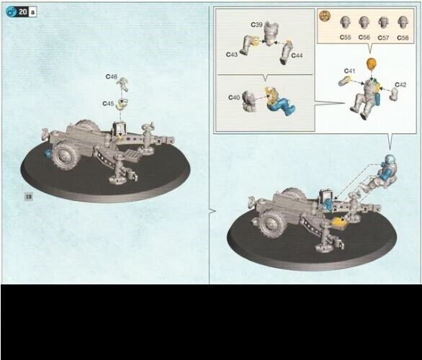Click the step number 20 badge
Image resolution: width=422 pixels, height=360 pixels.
(x=22, y=12)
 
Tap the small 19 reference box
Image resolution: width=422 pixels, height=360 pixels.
(x=29, y=196)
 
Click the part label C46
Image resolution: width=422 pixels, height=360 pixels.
(x=111, y=76)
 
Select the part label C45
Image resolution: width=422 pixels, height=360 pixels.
(x=108, y=103)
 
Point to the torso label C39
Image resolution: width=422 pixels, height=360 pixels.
(x=257, y=24)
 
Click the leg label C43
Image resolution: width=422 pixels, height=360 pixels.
(x=232, y=54)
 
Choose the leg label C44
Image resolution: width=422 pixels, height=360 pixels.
(x=297, y=55)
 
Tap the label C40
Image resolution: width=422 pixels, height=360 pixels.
(x=234, y=96)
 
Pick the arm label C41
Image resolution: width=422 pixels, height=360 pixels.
(x=349, y=71)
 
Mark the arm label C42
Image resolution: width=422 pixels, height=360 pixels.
(x=400, y=84)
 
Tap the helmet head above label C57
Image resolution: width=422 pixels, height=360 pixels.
(x=383, y=22)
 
